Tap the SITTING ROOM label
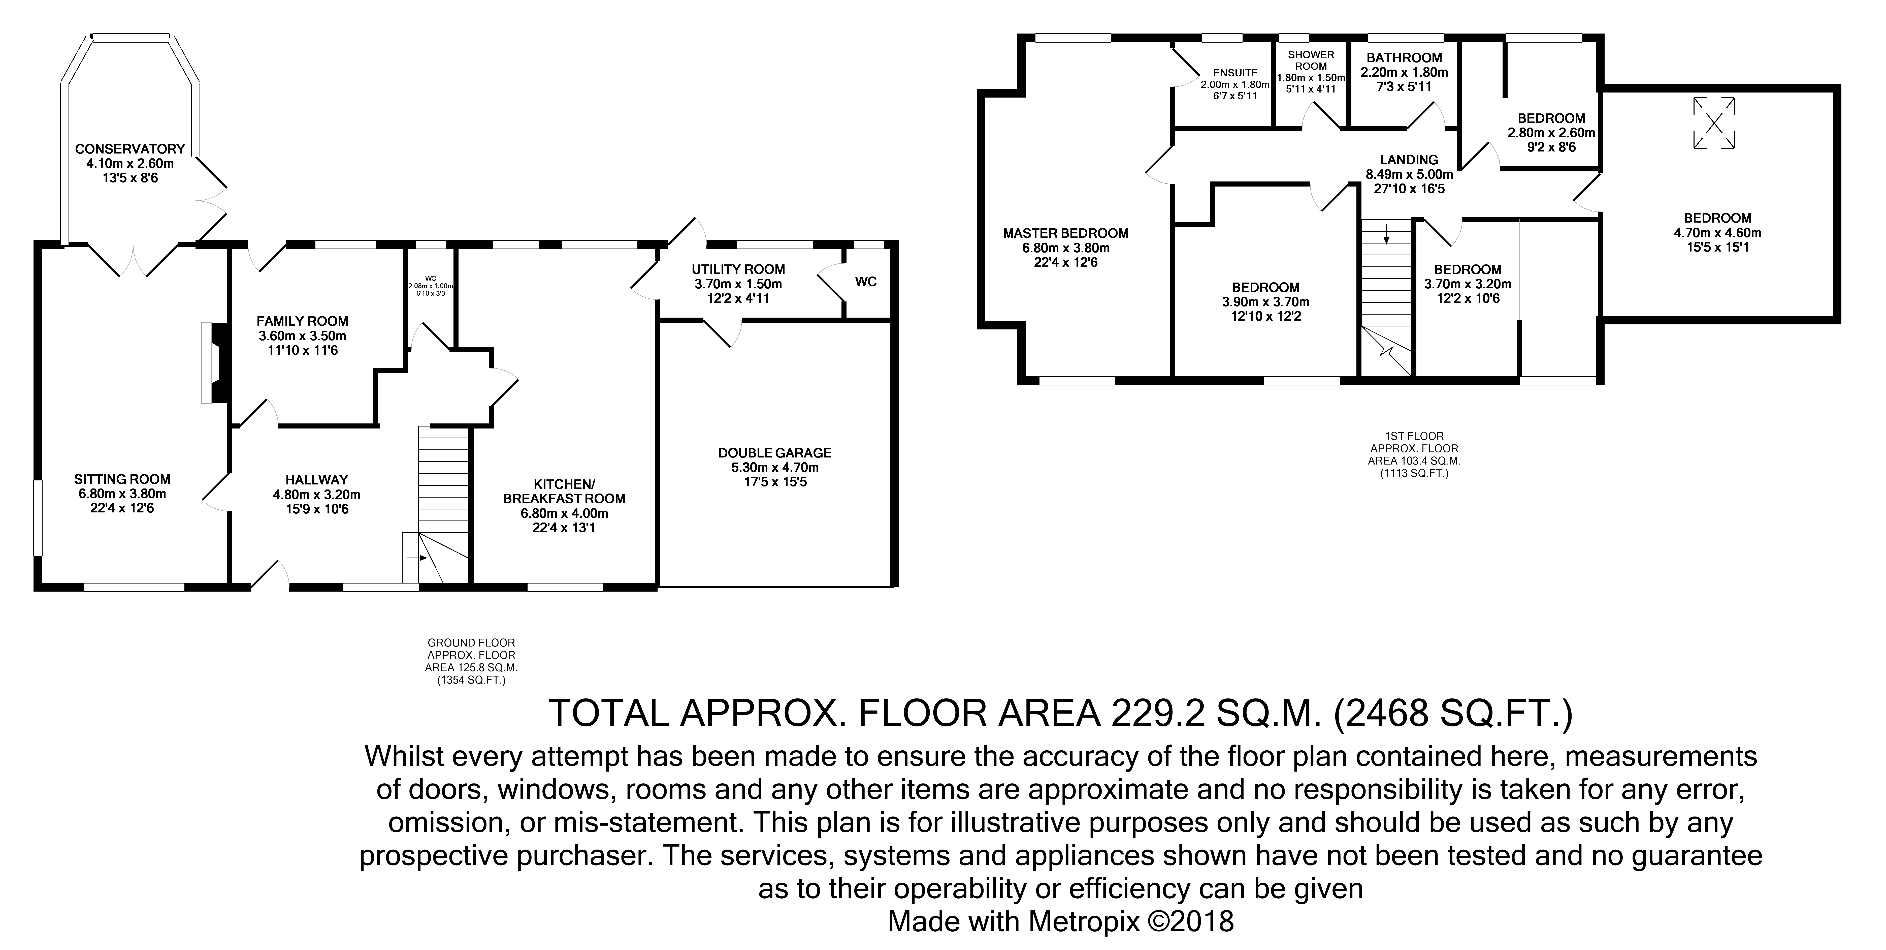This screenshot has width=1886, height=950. click(122, 479)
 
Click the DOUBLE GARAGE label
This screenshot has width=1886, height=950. click(775, 453)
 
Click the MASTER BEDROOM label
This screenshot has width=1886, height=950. click(1065, 233)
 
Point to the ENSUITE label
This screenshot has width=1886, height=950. click(1235, 73)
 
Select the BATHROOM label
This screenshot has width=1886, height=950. click(1404, 57)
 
